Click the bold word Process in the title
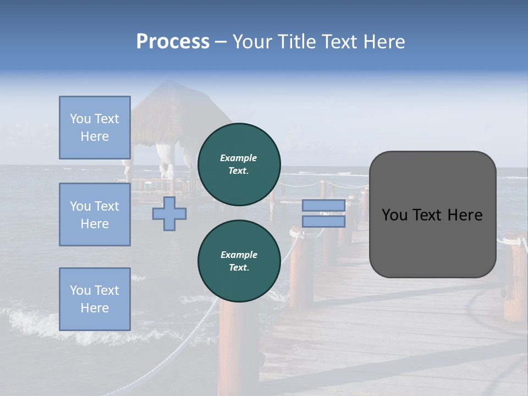click(x=173, y=42)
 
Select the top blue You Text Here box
click(x=95, y=128)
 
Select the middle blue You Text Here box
click(x=95, y=215)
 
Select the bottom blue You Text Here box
click(x=95, y=299)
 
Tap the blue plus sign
click(x=169, y=214)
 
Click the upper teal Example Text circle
click(x=239, y=164)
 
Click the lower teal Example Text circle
click(x=239, y=261)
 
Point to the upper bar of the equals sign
click(x=323, y=205)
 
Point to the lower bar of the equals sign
click(x=323, y=222)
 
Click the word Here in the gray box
click(x=465, y=215)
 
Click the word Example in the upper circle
click(x=239, y=158)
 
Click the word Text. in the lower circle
click(x=239, y=268)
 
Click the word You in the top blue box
click(x=80, y=119)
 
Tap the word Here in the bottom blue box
click(x=95, y=308)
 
